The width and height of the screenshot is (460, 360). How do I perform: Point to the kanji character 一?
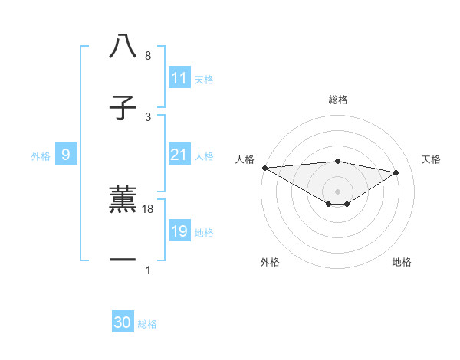123,260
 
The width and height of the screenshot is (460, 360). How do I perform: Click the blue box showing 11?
179,78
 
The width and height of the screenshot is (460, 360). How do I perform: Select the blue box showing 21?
179,155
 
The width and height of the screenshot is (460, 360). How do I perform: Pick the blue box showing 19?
179,231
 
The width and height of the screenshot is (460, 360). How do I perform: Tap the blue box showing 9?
66,155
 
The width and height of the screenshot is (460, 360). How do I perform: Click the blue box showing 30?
123,322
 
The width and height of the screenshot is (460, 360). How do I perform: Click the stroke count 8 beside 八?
148,56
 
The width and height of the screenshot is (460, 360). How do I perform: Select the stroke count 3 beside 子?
148,117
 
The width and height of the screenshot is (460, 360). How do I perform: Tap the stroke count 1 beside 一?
148,270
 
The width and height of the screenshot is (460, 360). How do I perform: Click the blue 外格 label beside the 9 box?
41,156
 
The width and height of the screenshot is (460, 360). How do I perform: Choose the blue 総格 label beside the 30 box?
147,324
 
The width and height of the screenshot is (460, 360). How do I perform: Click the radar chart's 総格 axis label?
337,100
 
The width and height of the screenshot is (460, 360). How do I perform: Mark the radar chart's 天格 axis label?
431,159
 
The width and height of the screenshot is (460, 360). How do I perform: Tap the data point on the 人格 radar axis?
264,168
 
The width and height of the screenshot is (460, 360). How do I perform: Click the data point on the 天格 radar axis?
396,172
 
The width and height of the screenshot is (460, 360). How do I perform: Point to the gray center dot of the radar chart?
337,191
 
